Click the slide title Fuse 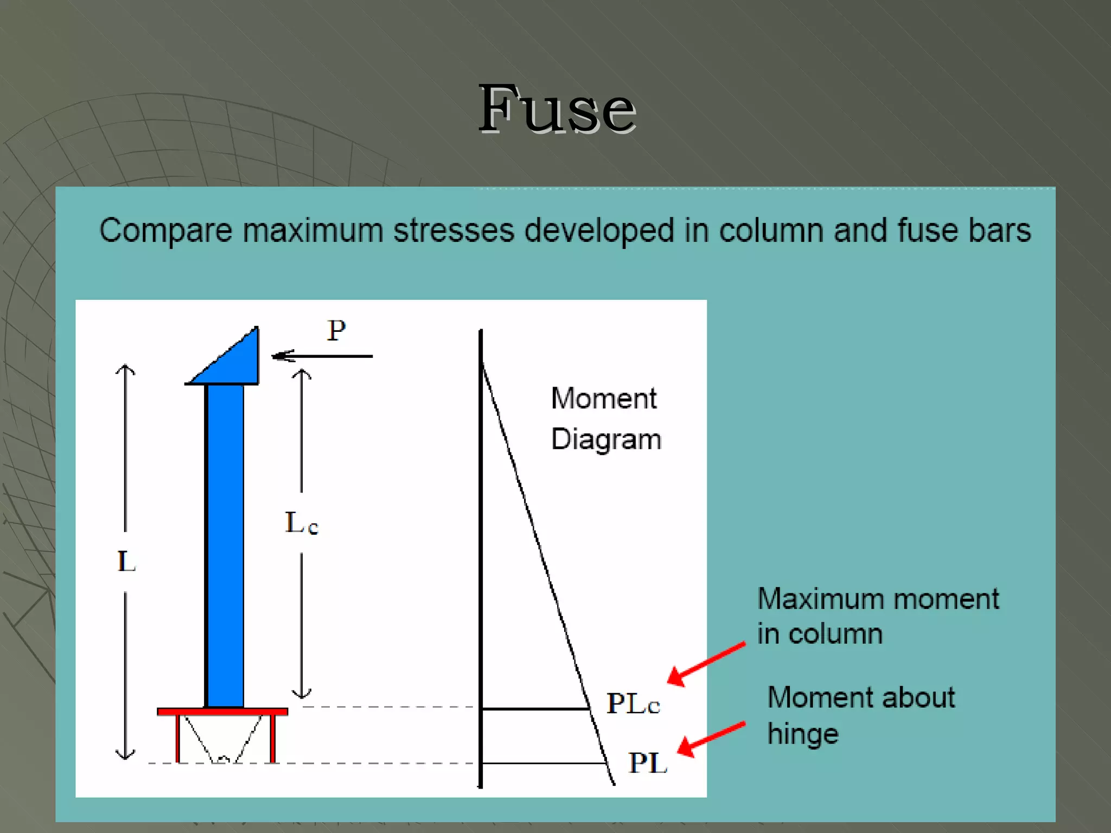point(557,110)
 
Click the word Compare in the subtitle point(165,230)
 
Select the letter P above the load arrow point(336,330)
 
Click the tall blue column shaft point(225,542)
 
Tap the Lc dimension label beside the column point(302,524)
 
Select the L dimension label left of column point(126,561)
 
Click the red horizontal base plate point(222,712)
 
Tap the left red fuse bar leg point(177,739)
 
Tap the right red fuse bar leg point(273,739)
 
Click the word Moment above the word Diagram point(604,399)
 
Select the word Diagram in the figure point(606,439)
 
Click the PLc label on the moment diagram point(633,704)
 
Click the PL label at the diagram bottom point(648,764)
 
